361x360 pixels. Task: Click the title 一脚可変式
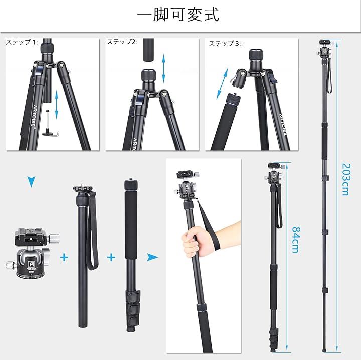(x=178, y=15)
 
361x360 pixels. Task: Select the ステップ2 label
(x=122, y=42)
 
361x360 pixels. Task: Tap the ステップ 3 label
(x=225, y=43)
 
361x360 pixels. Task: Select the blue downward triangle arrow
(x=32, y=181)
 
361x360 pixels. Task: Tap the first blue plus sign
(x=64, y=257)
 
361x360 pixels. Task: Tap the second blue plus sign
(x=111, y=257)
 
